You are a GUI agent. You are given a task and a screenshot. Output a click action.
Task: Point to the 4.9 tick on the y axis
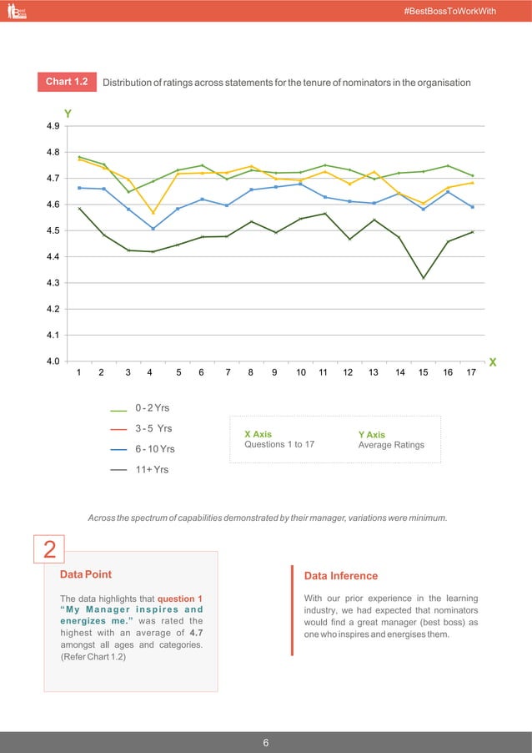coord(53,126)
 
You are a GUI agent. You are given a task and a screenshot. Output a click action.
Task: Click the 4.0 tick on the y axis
coord(53,361)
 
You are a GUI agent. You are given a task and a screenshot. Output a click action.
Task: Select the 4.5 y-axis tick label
coord(53,230)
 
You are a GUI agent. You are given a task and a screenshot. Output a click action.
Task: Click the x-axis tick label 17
coord(472,373)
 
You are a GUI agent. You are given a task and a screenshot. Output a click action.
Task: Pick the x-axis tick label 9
coord(274,373)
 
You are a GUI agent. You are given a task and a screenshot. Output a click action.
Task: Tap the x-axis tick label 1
coord(78,373)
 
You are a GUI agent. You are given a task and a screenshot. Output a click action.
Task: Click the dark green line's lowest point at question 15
coord(424,278)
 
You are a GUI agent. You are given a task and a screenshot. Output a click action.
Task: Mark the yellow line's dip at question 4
coord(153,213)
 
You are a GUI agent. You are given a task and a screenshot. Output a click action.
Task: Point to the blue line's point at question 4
coord(153,229)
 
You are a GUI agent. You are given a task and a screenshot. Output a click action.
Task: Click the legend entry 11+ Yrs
coord(151,470)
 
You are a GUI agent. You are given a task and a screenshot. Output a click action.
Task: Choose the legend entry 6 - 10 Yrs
coord(154,449)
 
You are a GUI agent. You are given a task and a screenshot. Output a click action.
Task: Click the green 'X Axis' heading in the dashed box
coord(258,434)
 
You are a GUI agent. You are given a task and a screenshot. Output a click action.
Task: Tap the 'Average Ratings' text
coord(391,445)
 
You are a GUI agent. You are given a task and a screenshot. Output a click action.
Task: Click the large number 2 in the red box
coord(50,549)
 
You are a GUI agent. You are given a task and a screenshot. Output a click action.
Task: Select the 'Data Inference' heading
coord(341,576)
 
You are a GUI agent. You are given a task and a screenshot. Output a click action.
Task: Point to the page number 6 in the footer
coord(266,742)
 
